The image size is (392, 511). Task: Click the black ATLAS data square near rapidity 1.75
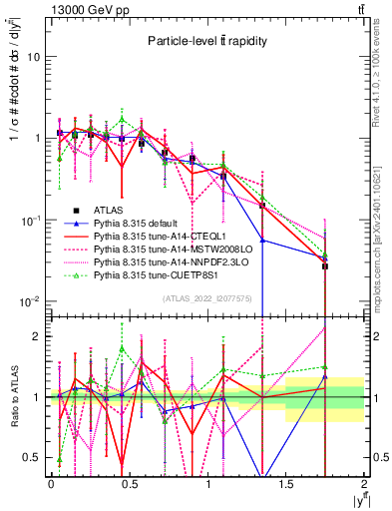tap(325, 266)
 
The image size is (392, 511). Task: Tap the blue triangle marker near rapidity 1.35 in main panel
tap(262, 240)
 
